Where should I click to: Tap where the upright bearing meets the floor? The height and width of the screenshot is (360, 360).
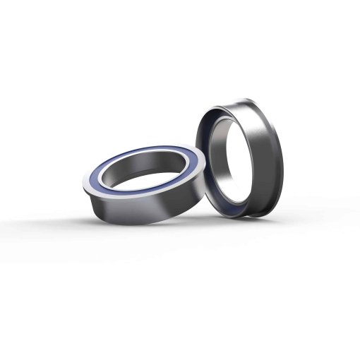(x=244, y=215)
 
